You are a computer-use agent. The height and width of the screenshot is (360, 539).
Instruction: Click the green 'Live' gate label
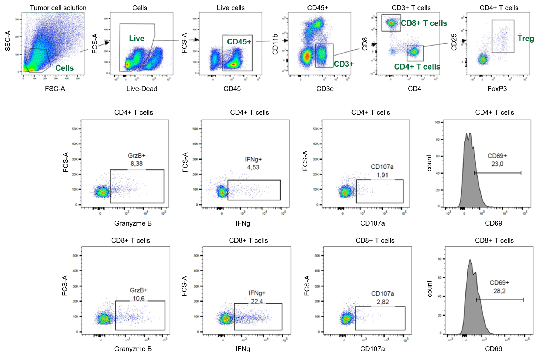137,39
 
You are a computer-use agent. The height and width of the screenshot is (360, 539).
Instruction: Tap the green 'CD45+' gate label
239,42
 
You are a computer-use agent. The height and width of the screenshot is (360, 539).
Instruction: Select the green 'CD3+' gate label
344,64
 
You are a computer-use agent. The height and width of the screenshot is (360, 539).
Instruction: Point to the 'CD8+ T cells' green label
424,23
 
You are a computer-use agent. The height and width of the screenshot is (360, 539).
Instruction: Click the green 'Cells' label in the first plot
64,68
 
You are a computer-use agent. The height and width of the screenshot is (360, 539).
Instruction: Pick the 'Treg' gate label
525,38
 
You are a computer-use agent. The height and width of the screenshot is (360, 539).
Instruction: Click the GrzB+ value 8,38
137,164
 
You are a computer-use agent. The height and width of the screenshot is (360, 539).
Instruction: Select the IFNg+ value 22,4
257,301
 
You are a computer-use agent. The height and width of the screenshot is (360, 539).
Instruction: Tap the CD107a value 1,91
382,175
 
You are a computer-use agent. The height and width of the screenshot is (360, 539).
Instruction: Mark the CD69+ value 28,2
499,291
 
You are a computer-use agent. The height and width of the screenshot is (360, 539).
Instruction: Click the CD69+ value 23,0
497,164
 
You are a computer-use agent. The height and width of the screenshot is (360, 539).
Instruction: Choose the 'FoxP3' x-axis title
497,89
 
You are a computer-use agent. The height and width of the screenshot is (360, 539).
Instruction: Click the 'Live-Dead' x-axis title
142,89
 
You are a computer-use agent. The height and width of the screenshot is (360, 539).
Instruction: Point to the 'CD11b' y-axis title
275,44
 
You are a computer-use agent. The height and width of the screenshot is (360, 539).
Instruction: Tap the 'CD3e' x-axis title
325,89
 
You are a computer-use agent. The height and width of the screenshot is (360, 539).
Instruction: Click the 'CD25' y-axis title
454,42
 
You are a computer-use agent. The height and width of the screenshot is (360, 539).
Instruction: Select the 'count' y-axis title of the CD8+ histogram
430,289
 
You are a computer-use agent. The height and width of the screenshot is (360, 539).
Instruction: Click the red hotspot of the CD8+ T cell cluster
391,23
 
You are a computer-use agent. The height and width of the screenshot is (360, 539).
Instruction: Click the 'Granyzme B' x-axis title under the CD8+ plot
133,349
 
